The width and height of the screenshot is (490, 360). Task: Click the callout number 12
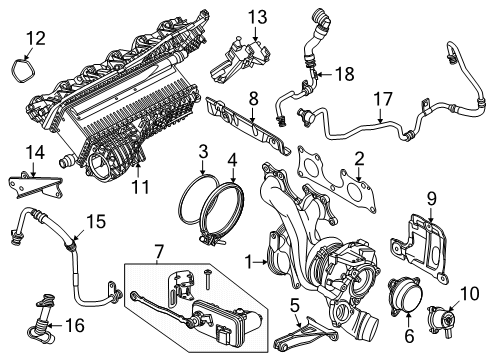coord(36,38)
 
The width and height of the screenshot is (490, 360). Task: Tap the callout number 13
coord(257,17)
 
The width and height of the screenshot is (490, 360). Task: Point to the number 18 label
coord(345,74)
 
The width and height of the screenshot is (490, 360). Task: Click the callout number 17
coord(383,99)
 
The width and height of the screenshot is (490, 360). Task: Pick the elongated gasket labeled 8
coord(247,125)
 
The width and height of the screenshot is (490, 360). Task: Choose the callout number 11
coord(140,187)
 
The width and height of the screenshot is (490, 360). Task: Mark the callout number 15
coord(96,221)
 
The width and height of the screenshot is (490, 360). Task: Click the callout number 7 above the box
coord(159,251)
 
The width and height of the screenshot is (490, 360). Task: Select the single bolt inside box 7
coord(208,279)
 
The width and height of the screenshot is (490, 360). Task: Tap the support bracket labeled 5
coord(305,335)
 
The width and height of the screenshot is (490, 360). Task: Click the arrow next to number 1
coord(261,263)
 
